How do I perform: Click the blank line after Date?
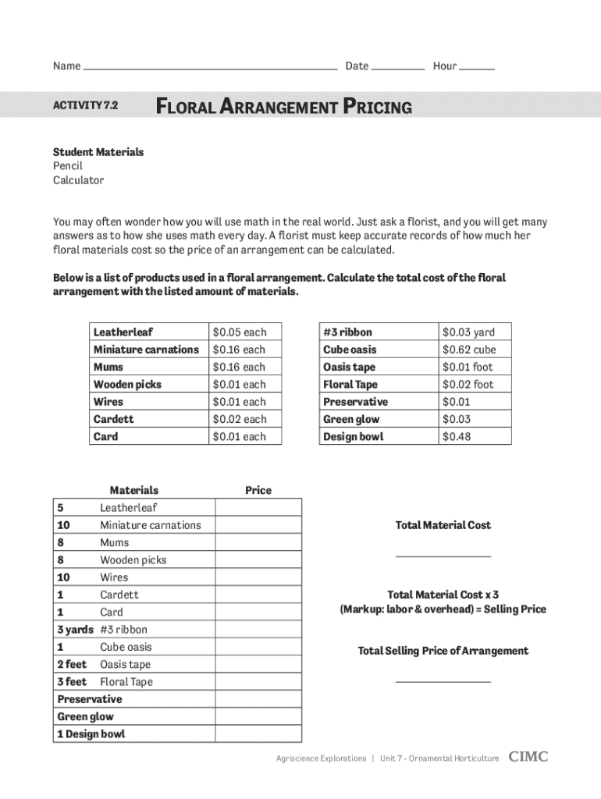pos(397,67)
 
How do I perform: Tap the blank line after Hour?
pos(477,67)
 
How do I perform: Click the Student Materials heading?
pos(98,152)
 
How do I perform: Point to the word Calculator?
pos(78,180)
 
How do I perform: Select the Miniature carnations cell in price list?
pos(146,350)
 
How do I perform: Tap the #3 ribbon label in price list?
pos(347,332)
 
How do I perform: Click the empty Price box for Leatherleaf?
pos(258,508)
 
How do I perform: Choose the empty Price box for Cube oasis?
pos(258,647)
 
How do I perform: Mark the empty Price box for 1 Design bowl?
pos(258,733)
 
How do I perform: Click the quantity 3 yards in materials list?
pos(75,630)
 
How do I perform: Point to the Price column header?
pos(258,490)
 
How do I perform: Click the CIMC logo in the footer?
pos(528,757)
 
